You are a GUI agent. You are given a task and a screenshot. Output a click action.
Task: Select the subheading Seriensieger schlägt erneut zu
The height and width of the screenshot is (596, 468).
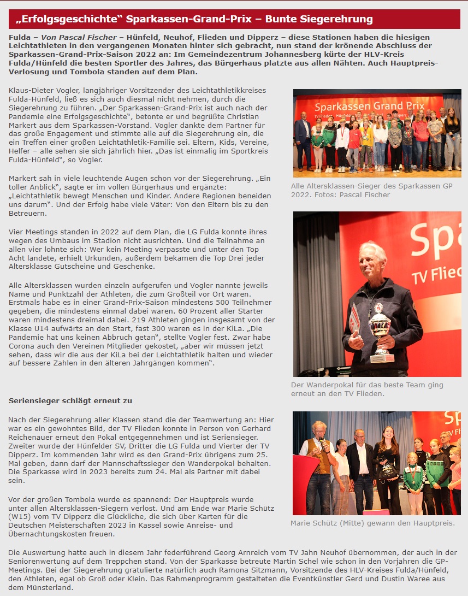point(70,400)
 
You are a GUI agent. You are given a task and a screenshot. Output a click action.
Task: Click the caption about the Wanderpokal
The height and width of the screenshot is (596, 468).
point(367,389)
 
